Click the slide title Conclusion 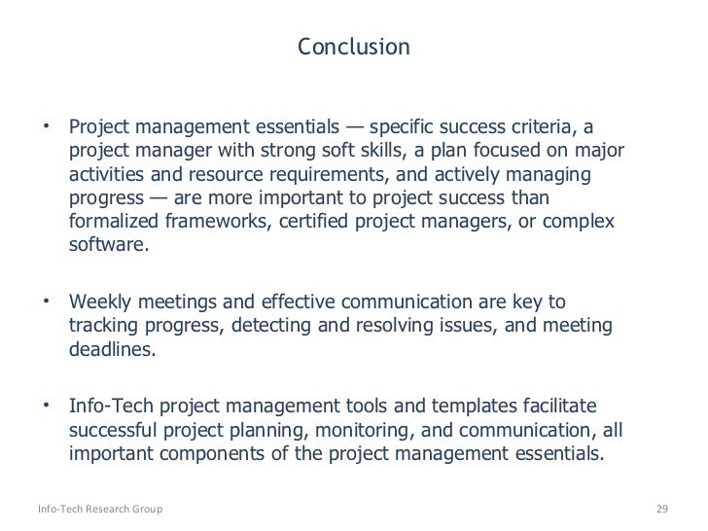(x=353, y=47)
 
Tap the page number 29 (x=664, y=510)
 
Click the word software (x=108, y=245)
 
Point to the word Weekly (x=101, y=302)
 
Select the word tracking (x=104, y=326)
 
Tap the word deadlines (x=110, y=349)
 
